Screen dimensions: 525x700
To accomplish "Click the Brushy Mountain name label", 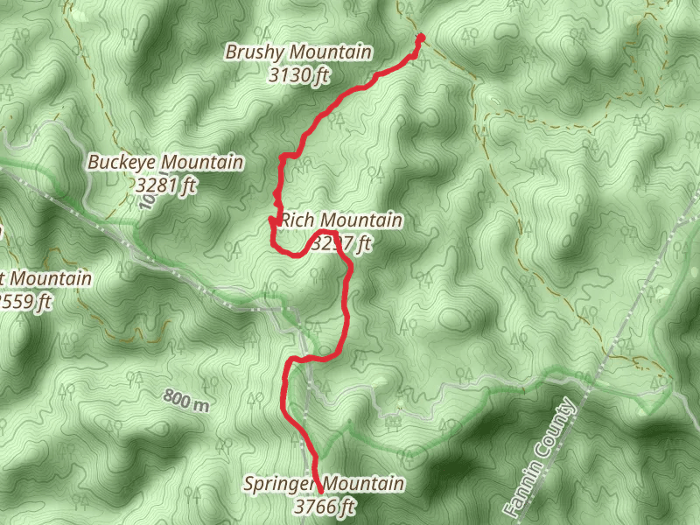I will pyautogui.click(x=298, y=52).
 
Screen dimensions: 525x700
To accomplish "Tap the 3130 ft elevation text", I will pyautogui.click(x=298, y=75).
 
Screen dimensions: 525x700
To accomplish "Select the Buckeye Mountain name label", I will pyautogui.click(x=165, y=163).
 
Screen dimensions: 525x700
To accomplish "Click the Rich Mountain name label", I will pyautogui.click(x=341, y=220).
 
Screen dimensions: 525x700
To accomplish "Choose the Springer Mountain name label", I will pyautogui.click(x=324, y=484).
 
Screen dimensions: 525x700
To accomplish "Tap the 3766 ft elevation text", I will pyautogui.click(x=325, y=506).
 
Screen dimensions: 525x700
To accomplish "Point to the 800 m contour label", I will pyautogui.click(x=186, y=401).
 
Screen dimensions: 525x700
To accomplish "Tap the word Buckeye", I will pyautogui.click(x=122, y=163).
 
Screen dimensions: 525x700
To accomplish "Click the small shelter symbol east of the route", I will pyautogui.click(x=393, y=421).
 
